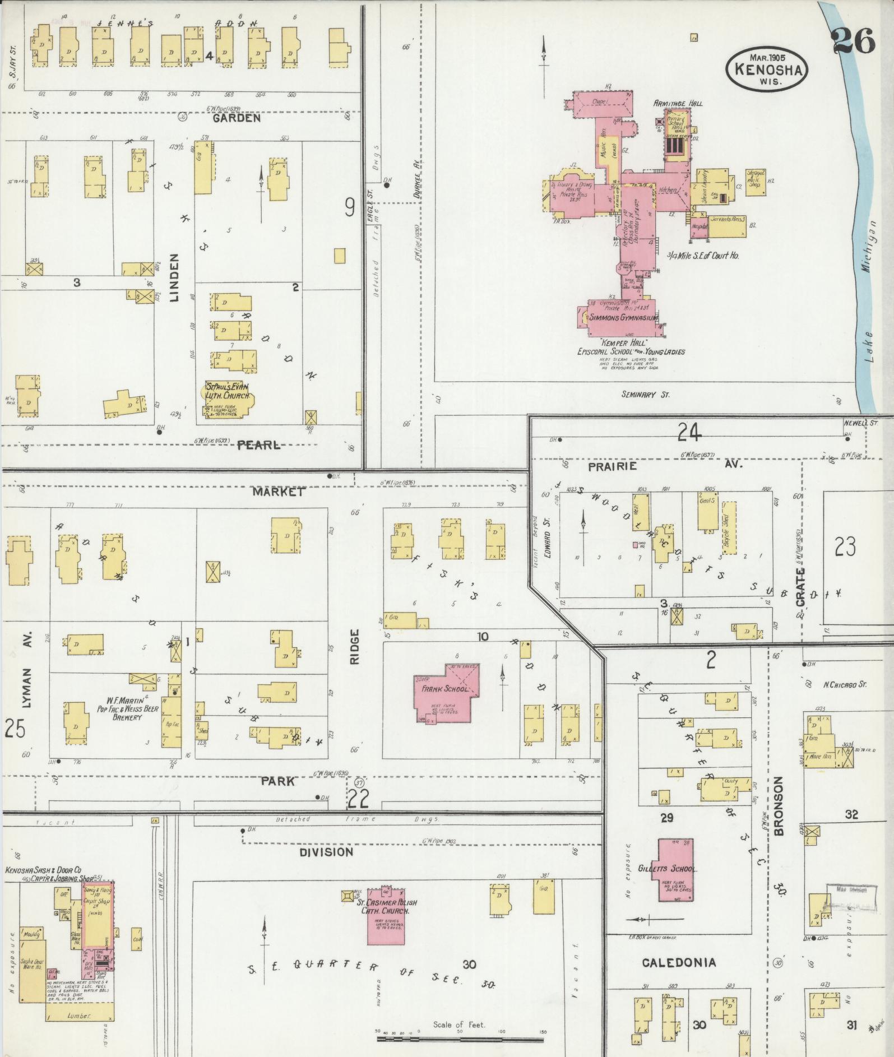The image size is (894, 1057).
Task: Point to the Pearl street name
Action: (258, 445)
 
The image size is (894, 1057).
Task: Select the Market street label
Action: (278, 492)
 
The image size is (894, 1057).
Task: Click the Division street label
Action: (326, 852)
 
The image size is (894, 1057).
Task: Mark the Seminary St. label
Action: (645, 395)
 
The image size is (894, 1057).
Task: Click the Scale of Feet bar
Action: (460, 1039)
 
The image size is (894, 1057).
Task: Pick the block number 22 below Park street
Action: (358, 799)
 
